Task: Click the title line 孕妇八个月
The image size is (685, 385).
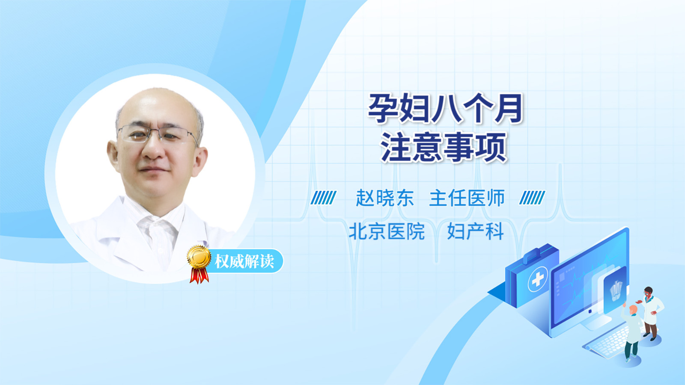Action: [x=445, y=109]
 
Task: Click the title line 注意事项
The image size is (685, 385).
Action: [x=444, y=147]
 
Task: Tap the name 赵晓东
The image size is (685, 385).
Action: [x=385, y=198]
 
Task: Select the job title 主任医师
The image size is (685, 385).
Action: [x=467, y=198]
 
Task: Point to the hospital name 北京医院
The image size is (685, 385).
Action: [x=387, y=231]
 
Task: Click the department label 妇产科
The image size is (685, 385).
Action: [x=475, y=231]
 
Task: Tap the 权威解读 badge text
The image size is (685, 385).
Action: [x=244, y=261]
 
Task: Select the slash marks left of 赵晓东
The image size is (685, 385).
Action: [x=323, y=198]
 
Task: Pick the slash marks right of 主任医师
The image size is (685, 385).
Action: [x=532, y=198]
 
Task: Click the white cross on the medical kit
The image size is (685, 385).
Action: [x=538, y=279]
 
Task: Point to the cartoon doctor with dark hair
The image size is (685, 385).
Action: [x=651, y=313]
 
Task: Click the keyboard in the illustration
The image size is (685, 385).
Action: [x=607, y=343]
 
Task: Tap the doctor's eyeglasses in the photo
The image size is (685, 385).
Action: [x=158, y=135]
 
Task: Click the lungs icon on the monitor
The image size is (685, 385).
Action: [x=616, y=290]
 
